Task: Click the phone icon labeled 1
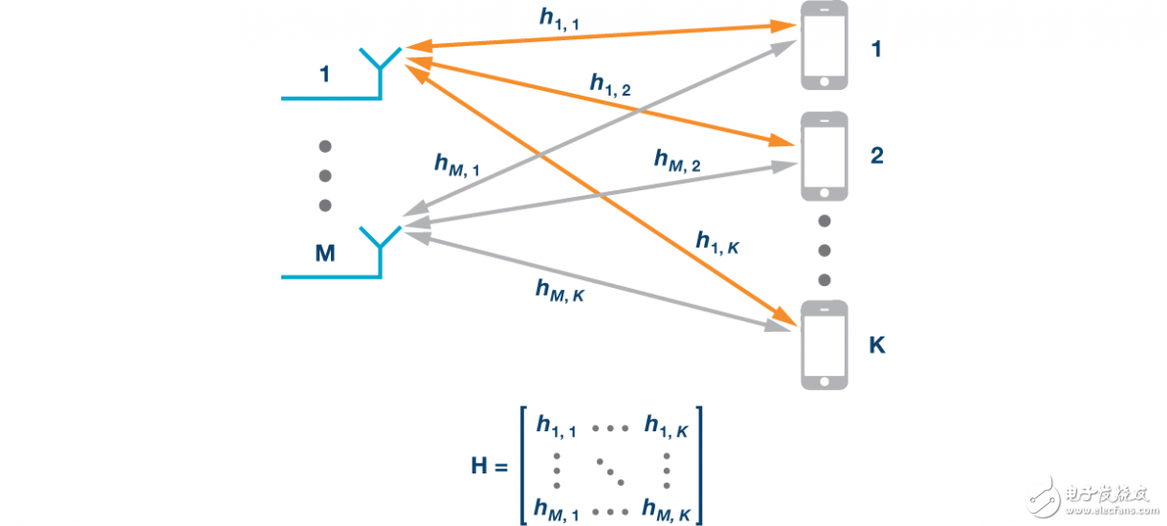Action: click(824, 45)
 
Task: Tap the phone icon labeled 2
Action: click(824, 158)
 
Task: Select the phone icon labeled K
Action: click(824, 344)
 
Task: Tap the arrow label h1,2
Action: click(609, 86)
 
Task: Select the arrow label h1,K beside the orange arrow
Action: click(717, 245)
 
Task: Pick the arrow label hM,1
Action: click(456, 164)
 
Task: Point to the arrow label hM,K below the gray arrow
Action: click(560, 290)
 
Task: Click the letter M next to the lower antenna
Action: click(324, 253)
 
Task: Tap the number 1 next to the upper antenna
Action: click(324, 74)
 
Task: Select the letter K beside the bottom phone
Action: click(876, 344)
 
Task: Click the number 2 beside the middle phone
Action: click(876, 156)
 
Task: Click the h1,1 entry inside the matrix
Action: click(556, 426)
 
